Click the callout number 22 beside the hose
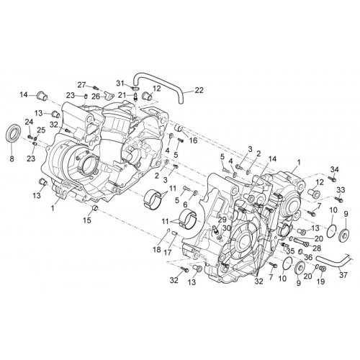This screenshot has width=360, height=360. (x=199, y=90)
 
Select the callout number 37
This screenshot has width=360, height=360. (x=343, y=275)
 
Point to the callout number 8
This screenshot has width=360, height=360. (x=12, y=158)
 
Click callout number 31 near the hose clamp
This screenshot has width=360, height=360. (x=121, y=84)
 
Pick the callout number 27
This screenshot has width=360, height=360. (x=81, y=85)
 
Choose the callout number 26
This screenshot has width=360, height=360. (x=96, y=96)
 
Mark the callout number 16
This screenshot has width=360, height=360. (x=193, y=140)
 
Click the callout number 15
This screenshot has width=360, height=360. (x=87, y=220)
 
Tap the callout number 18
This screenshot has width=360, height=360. (x=157, y=250)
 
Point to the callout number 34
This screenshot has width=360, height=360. (x=334, y=170)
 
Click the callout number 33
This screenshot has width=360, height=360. (x=340, y=189)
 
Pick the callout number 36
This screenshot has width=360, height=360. (x=308, y=258)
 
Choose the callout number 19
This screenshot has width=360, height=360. (x=320, y=282)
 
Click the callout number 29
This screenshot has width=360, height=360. (x=222, y=219)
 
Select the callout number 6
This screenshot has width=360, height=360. (x=185, y=204)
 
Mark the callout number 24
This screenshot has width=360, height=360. (x=29, y=122)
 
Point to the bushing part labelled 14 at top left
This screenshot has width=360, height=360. (x=42, y=96)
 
